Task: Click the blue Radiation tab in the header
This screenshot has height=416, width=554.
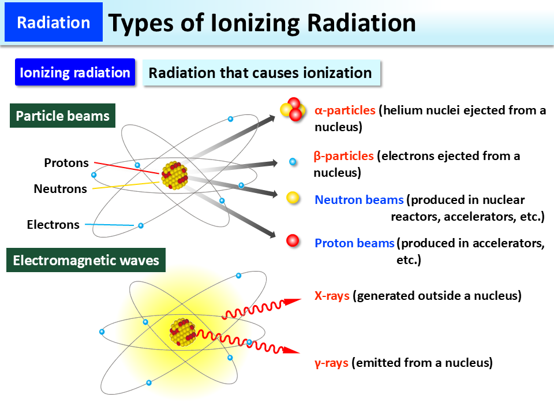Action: pos(53,23)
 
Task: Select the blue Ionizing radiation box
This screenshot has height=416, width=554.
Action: pos(75,73)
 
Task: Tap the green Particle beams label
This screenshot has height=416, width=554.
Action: pos(62,116)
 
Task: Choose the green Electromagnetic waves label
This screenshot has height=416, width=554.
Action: pos(86,261)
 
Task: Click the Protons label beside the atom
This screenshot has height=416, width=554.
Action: pos(66,163)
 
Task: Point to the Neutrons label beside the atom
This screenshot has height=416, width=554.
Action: pos(60,188)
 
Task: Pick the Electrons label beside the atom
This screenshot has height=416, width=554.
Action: pos(53,225)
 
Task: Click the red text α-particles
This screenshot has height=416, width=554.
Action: pos(345,110)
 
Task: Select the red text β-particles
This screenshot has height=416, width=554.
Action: pos(344,156)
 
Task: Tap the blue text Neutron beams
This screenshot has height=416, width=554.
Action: pos(359,200)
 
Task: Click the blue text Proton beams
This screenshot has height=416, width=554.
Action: pos(354,243)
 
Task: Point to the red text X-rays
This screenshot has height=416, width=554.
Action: pos(332,296)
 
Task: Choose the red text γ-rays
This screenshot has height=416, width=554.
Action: pos(331,363)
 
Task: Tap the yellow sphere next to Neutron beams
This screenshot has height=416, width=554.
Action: pos(293,198)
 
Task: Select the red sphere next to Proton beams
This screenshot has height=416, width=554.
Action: pos(293,240)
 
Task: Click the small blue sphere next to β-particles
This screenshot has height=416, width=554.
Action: pos(293,162)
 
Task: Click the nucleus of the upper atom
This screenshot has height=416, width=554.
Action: pos(174,176)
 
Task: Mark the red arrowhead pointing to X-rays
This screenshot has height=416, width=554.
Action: pos(294,301)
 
